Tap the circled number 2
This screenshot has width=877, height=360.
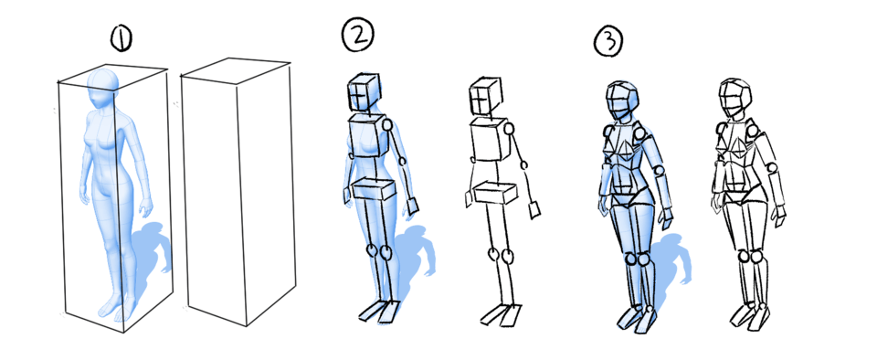click(357, 35)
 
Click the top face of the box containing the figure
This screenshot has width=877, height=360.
click(113, 75)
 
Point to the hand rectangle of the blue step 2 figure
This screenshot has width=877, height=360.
click(410, 207)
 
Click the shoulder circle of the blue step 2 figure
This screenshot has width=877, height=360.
click(387, 125)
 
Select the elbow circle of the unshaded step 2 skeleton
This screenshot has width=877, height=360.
click(524, 165)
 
